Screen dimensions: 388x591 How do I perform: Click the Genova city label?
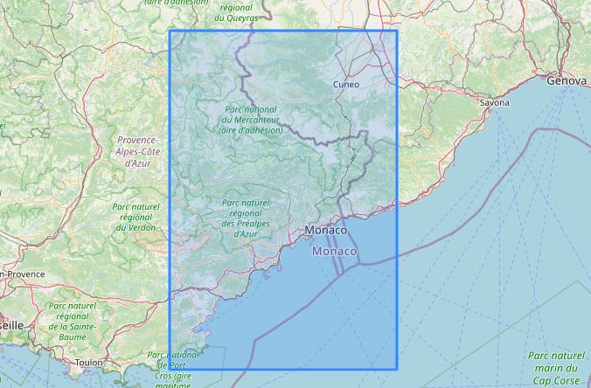[x=565, y=80]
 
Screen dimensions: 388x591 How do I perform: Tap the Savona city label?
[x=494, y=102]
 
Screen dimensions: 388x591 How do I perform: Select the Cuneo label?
[x=346, y=85]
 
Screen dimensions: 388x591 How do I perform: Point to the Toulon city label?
[x=88, y=362]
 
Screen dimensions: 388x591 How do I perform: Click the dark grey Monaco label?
[x=326, y=230]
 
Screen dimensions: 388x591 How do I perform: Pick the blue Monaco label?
[x=335, y=252]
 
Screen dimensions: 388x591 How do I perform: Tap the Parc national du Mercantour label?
[x=252, y=119]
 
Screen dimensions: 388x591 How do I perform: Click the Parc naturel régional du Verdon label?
[x=136, y=218]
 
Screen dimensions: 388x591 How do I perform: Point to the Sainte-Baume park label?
[x=73, y=322]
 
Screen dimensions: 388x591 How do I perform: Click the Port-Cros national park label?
[x=175, y=367]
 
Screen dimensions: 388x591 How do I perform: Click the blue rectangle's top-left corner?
[x=169, y=31]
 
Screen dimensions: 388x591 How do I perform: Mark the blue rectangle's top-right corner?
[x=397, y=31]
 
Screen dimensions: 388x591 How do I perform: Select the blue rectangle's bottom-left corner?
[x=169, y=369]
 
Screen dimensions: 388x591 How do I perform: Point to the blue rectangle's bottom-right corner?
[x=397, y=369]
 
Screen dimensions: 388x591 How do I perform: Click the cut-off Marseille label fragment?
[x=12, y=324]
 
